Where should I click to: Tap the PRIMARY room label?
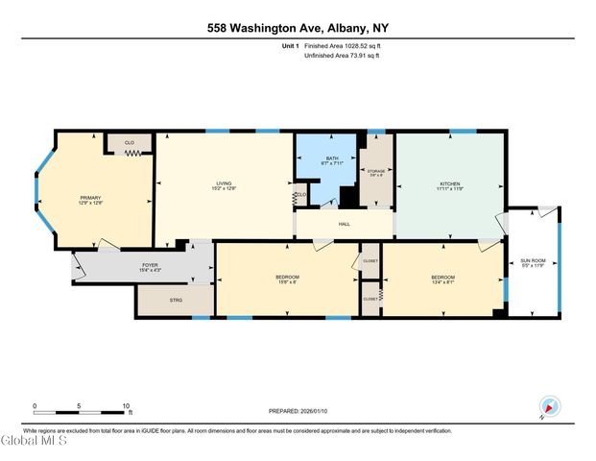pyautogui.click(x=91, y=197)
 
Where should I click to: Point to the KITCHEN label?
pyautogui.click(x=449, y=183)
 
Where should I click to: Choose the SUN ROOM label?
pyautogui.click(x=532, y=260)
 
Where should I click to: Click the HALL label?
pyautogui.click(x=344, y=224)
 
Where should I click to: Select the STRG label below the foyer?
pyautogui.click(x=176, y=301)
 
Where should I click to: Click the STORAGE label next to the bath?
pyautogui.click(x=377, y=170)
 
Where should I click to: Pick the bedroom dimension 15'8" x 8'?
pyautogui.click(x=288, y=282)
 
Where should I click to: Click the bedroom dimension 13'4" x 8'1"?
pyautogui.click(x=442, y=282)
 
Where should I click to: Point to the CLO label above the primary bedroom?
pyautogui.click(x=129, y=141)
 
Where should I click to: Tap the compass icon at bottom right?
pyautogui.click(x=548, y=406)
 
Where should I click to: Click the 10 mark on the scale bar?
pyautogui.click(x=125, y=406)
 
